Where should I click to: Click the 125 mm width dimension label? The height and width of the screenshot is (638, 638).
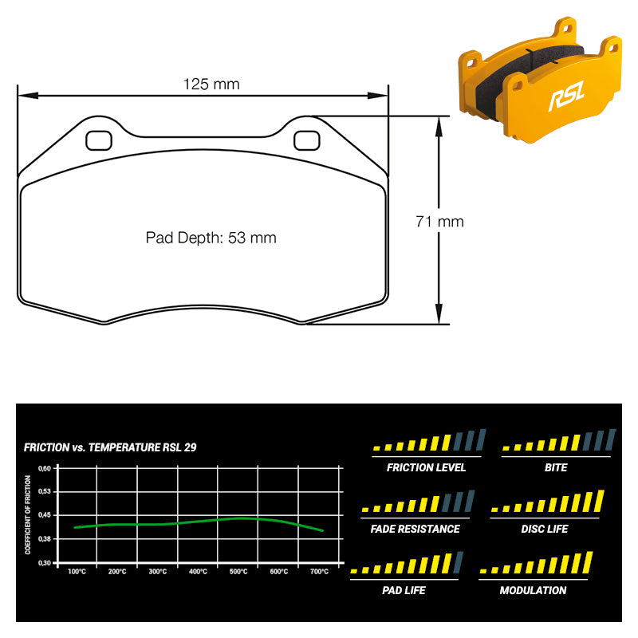pos(211,85)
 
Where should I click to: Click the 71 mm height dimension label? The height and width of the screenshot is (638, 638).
pos(440,222)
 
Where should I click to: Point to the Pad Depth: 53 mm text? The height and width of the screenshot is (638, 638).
pos(211,238)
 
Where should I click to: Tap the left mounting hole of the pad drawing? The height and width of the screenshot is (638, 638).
pos(99,140)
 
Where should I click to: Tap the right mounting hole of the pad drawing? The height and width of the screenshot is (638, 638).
pos(307,140)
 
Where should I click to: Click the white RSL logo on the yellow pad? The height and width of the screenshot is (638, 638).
pos(567,96)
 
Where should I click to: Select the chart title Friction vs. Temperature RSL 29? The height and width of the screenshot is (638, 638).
pos(110,447)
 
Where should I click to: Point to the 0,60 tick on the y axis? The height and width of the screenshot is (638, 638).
pos(45,468)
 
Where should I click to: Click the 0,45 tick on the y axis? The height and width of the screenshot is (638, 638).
pos(45,515)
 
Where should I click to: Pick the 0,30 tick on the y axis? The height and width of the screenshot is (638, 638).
pos(45,563)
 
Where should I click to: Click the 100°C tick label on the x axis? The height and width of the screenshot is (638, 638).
pos(77,572)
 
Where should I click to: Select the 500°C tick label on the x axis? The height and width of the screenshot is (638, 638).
pos(238,572)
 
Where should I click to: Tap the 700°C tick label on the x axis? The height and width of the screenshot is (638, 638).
pos(320,572)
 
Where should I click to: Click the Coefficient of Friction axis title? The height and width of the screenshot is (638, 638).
pos(28,514)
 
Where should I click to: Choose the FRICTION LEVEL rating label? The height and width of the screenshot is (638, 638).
pos(426,467)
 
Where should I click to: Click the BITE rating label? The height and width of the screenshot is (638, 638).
pos(556,467)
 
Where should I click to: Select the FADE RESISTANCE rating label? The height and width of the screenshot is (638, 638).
pos(415,529)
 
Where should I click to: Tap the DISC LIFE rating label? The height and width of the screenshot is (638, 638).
pos(545,529)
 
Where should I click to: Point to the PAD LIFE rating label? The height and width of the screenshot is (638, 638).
pos(404,590)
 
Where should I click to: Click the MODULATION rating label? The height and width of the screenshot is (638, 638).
pos(533,590)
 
